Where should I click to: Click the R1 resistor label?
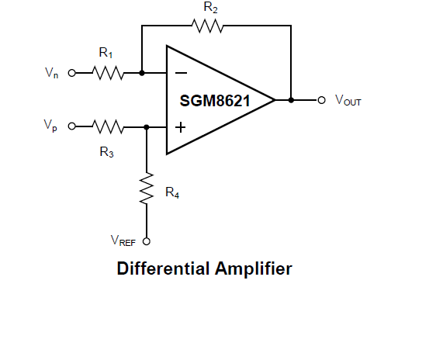pos(106,53)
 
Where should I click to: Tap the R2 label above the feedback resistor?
pos(210,7)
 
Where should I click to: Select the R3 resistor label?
pos(106,152)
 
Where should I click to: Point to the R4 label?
pos(172,192)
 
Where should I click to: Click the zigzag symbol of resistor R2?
pos(207,26)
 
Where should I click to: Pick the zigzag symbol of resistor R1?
pos(108,73)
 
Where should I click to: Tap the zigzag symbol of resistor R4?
pos(147,189)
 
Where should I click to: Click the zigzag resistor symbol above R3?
pos(108,127)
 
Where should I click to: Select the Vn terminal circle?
pos(71,73)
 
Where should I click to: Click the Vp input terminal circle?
pos(71,126)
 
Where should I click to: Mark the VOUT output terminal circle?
pos(321,100)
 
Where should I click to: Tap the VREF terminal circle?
pos(147,241)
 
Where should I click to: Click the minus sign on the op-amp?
pos(181,73)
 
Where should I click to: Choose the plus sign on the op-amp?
pos(180,127)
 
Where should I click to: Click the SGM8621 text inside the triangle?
pos(215,101)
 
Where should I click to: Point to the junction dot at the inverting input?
pos(142,73)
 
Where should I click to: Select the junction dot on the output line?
pos(291,100)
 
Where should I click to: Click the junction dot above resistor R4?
pos(147,127)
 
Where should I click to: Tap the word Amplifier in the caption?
pos(254,268)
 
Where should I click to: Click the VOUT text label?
pos(348,100)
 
